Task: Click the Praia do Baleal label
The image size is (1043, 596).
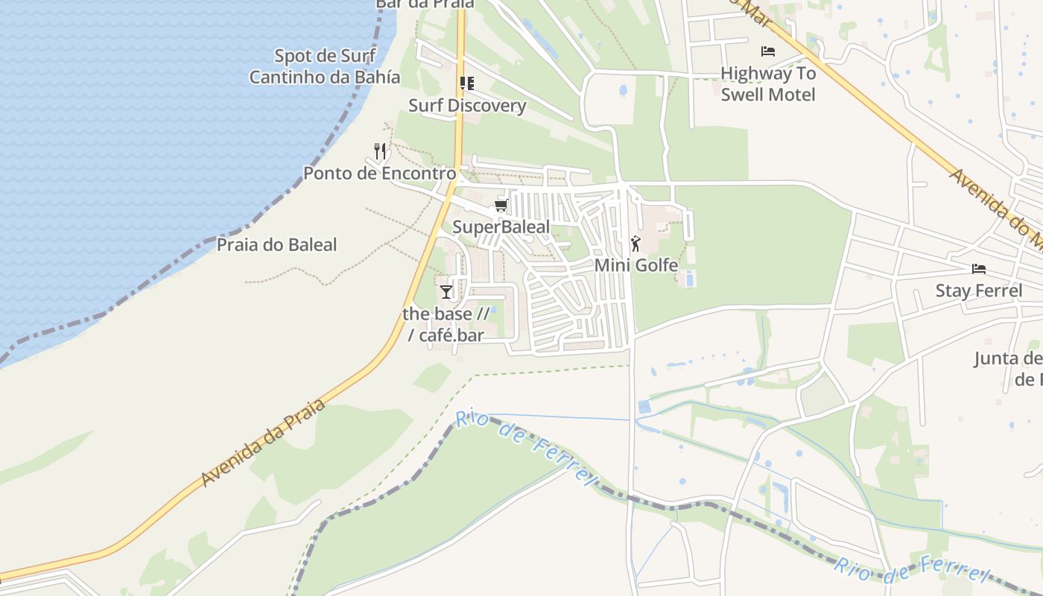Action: coord(276,244)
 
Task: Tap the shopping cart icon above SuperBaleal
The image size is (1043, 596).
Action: coord(501,206)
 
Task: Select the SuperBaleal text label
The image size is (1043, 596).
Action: coord(501,227)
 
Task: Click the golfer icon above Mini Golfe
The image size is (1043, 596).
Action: coord(635,243)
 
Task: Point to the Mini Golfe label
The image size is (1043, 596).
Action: coord(636,265)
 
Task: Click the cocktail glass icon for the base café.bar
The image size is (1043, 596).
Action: coord(446,291)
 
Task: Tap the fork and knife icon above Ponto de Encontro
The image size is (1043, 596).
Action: coord(380,152)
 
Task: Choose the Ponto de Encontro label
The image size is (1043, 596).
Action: coord(379,174)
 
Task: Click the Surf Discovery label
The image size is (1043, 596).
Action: coord(467,105)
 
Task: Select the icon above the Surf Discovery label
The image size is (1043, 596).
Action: coord(467,83)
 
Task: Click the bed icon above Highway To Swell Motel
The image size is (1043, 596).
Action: coord(768,51)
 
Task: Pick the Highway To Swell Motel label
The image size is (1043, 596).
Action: coord(768,83)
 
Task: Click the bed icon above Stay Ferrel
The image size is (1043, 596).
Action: coord(979,269)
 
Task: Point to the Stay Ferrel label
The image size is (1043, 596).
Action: coord(979,291)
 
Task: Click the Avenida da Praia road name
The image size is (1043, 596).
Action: coord(264,443)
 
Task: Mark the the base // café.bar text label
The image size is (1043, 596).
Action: coord(446,324)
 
